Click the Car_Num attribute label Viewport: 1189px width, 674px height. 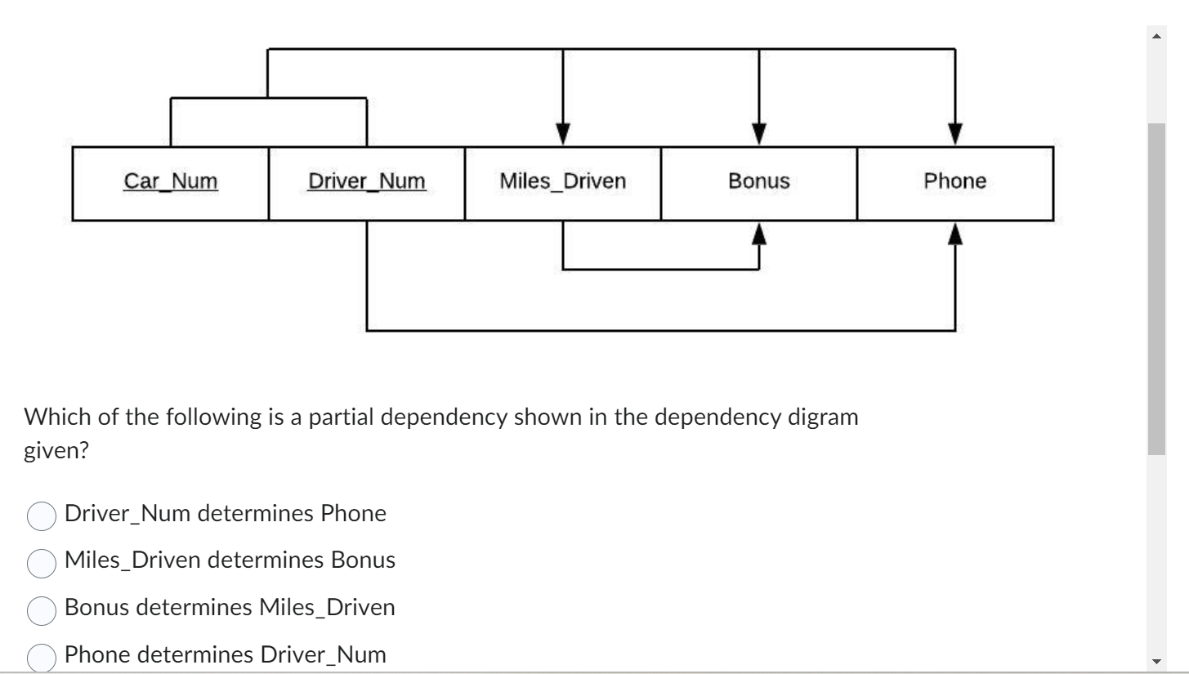tap(171, 181)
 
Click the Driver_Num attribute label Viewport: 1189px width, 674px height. tap(366, 181)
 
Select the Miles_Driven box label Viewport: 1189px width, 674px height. tap(562, 181)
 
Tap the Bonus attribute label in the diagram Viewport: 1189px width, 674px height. tap(758, 181)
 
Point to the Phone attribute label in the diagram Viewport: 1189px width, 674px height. tap(954, 181)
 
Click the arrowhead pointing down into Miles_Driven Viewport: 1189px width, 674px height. tap(562, 133)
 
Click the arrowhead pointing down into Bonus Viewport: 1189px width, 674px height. tap(759, 133)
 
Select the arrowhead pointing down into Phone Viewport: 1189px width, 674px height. tap(954, 133)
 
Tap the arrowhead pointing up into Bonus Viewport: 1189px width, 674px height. tap(759, 234)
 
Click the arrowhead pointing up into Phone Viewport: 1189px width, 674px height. tap(954, 234)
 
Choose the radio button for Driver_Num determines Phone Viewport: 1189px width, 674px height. tap(42, 516)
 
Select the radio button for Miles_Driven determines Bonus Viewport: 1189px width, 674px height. tap(42, 562)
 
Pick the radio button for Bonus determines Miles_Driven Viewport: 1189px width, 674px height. tap(42, 609)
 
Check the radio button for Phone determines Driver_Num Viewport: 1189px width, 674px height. tap(42, 656)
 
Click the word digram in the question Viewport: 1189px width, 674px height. tap(825, 417)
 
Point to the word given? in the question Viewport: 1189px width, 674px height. tap(56, 452)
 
